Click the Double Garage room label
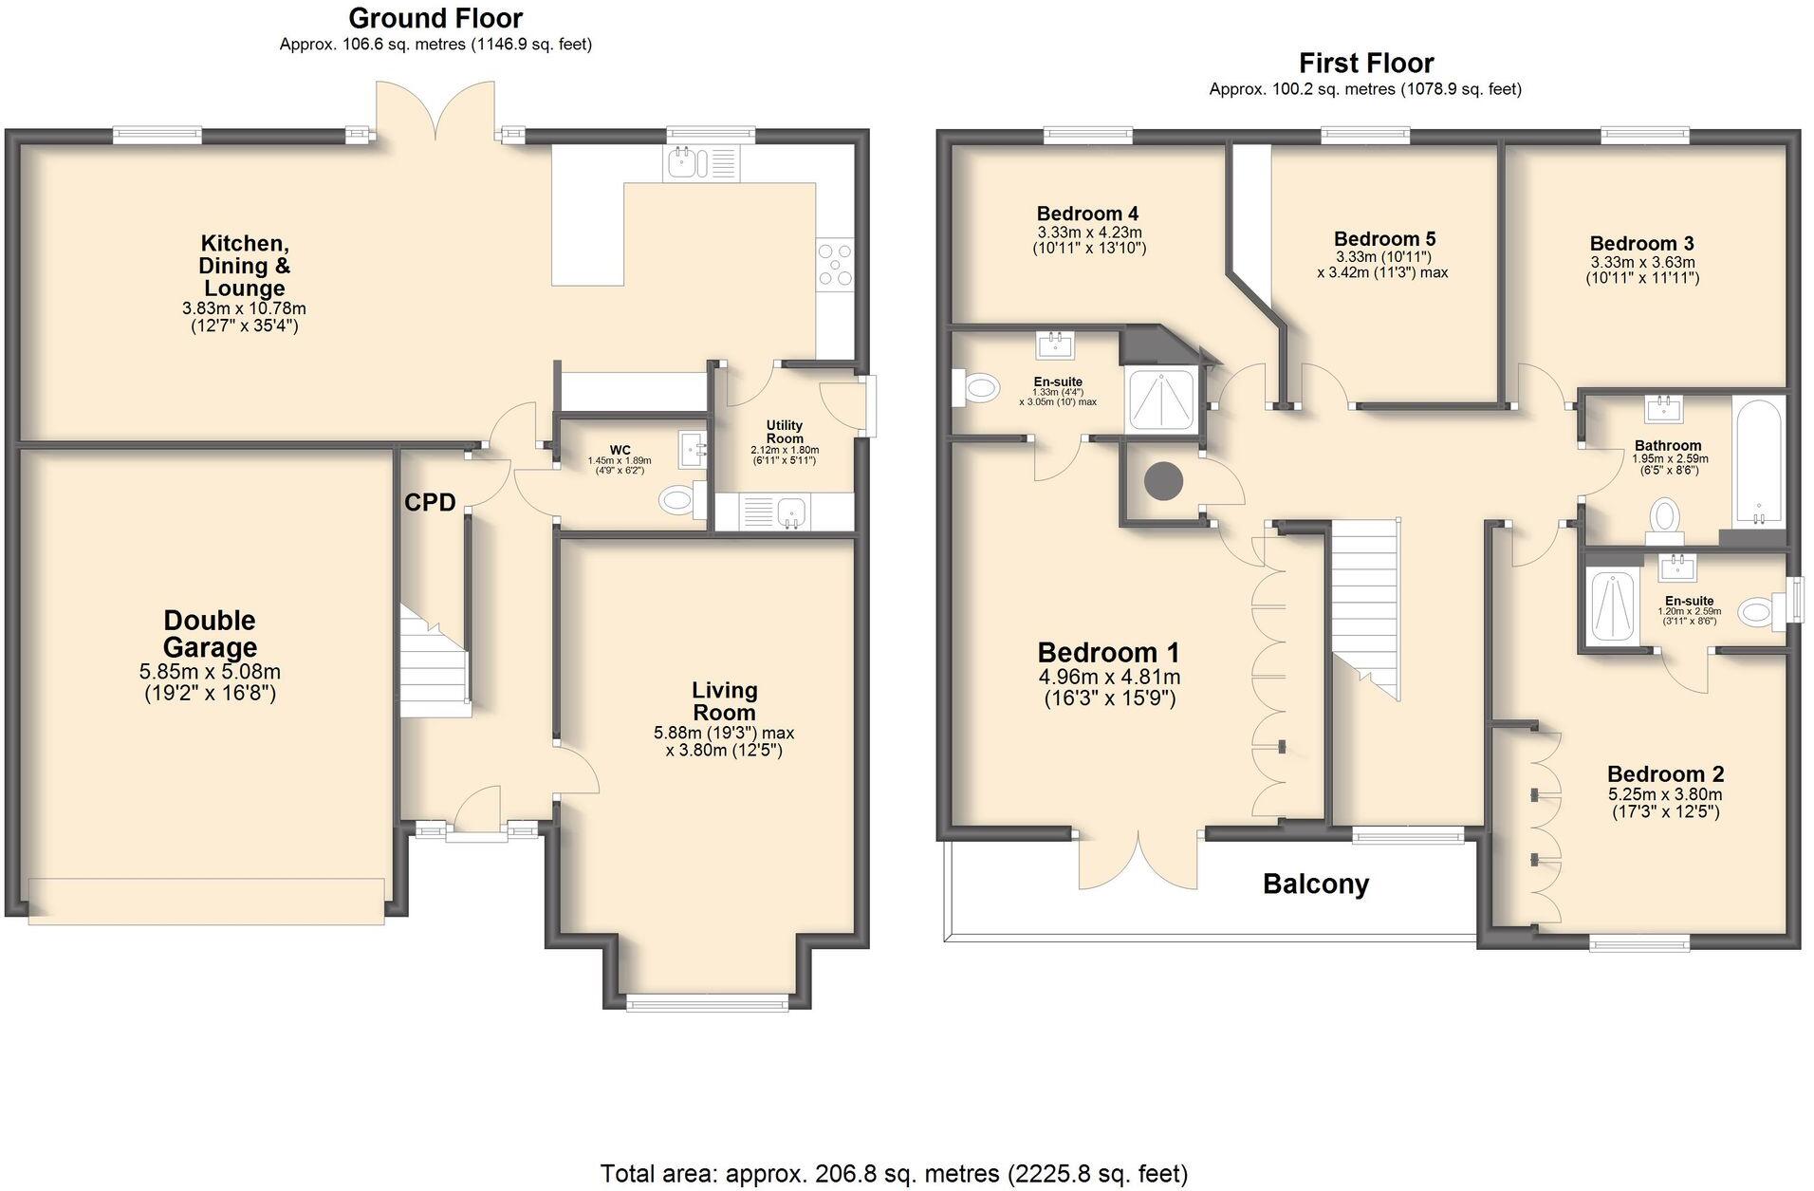210,634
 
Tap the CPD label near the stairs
430,503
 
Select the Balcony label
1316,884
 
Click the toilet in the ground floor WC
681,500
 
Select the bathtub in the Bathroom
1759,461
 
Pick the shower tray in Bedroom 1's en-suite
1162,398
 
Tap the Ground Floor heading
435,18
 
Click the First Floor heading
1366,64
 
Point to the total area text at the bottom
894,1174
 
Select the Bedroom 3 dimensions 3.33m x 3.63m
1642,262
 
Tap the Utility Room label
785,432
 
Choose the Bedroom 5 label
1384,239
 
